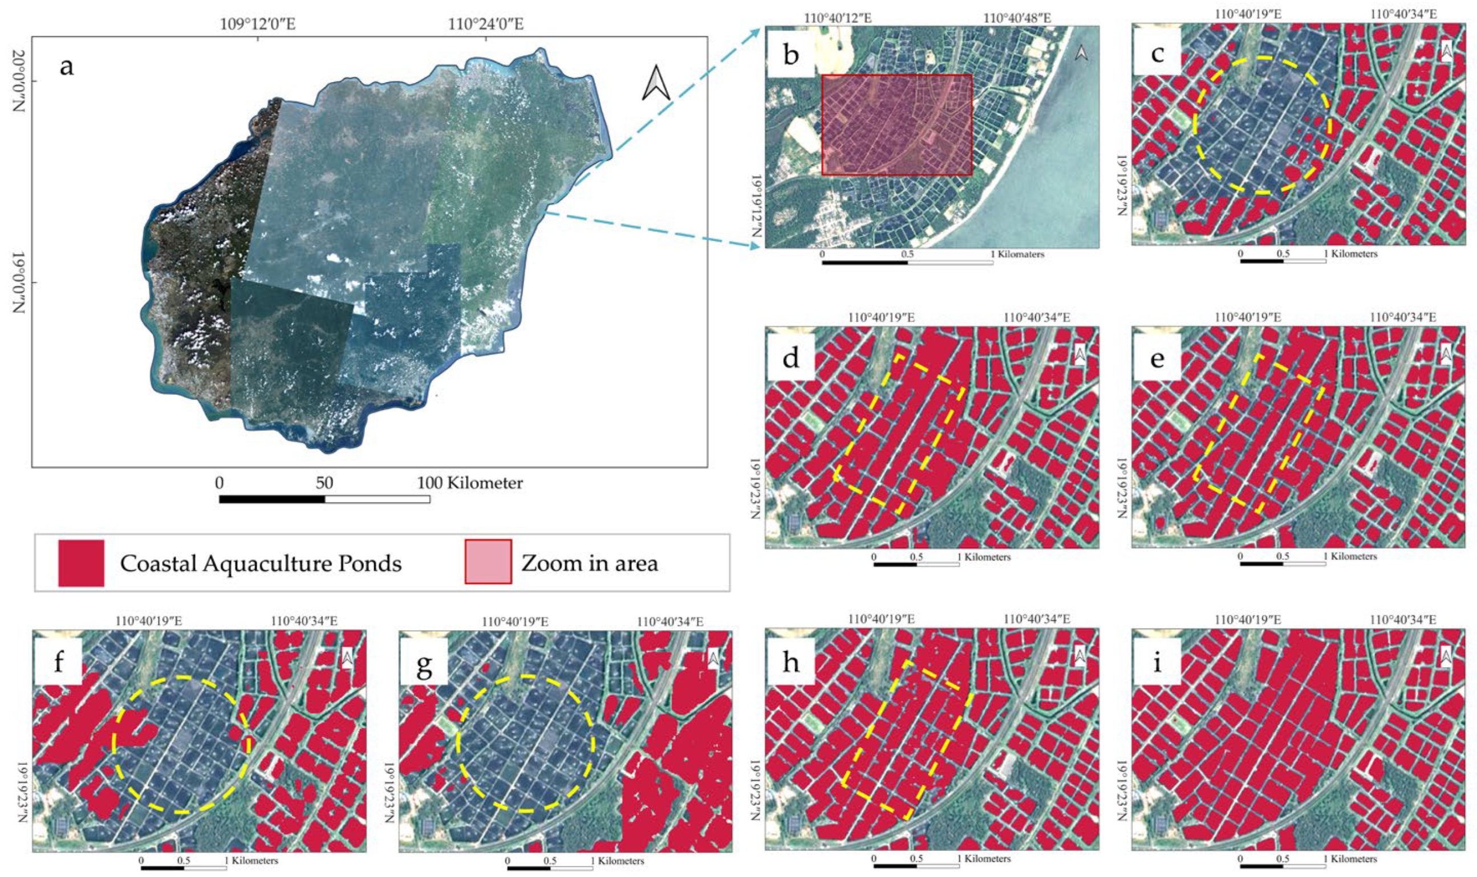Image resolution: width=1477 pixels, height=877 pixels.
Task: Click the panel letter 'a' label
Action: pos(67,66)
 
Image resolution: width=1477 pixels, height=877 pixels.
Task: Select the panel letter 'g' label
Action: pos(424,665)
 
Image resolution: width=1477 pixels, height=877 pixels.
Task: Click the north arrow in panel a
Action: pos(656,83)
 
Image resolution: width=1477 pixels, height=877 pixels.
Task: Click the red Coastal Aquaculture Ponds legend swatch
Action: pos(81,562)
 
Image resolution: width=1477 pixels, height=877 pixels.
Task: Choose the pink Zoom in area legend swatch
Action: pos(488,561)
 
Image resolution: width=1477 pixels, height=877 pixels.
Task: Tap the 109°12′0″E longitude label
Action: pos(258,25)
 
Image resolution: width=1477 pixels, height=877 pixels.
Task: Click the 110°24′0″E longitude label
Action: pos(486,25)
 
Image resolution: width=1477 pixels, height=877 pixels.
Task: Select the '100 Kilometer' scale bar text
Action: pos(470,483)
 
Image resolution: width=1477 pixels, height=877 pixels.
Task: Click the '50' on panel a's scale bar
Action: pos(324,483)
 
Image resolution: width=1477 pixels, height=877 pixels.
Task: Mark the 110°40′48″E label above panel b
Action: pos(1017,18)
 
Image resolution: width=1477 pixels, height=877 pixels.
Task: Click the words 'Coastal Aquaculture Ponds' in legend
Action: pos(261,564)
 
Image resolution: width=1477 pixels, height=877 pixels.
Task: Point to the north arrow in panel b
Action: pos(1081,53)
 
